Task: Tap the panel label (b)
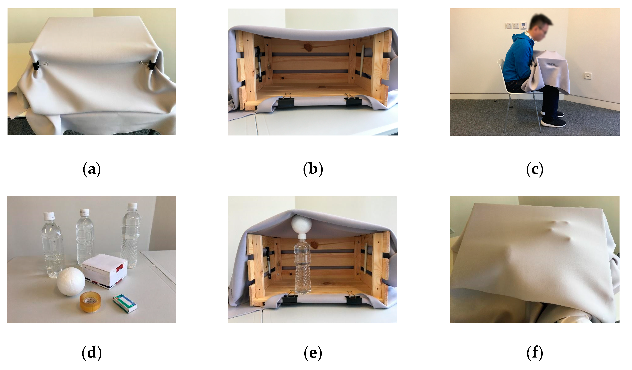click(313, 170)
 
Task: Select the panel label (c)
click(535, 170)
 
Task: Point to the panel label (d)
click(92, 353)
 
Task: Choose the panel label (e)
click(313, 353)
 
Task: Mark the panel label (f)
click(535, 353)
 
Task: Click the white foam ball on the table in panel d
click(71, 281)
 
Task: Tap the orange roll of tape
click(90, 302)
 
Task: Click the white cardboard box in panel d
click(105, 271)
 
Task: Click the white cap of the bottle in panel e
click(302, 237)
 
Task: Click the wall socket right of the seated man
click(588, 75)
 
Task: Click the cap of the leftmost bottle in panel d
click(49, 216)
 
